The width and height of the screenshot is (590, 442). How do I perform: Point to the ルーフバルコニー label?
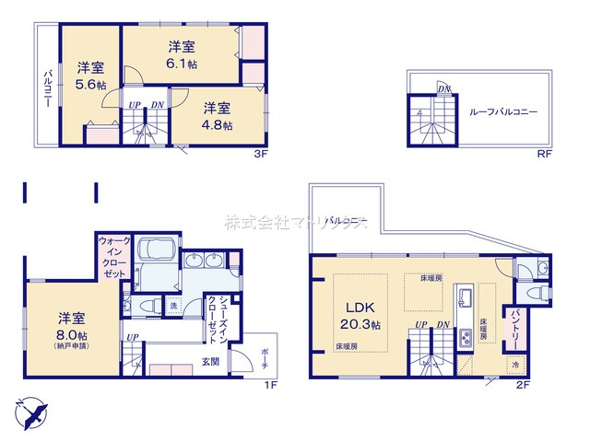pyautogui.click(x=503, y=111)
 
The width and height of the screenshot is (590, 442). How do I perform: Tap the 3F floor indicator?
pyautogui.click(x=261, y=154)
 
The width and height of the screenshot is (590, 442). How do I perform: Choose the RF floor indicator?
pyautogui.click(x=545, y=154)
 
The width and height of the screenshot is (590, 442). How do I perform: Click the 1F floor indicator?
pyautogui.click(x=271, y=384)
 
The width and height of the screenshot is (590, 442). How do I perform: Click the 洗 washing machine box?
pyautogui.click(x=171, y=305)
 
